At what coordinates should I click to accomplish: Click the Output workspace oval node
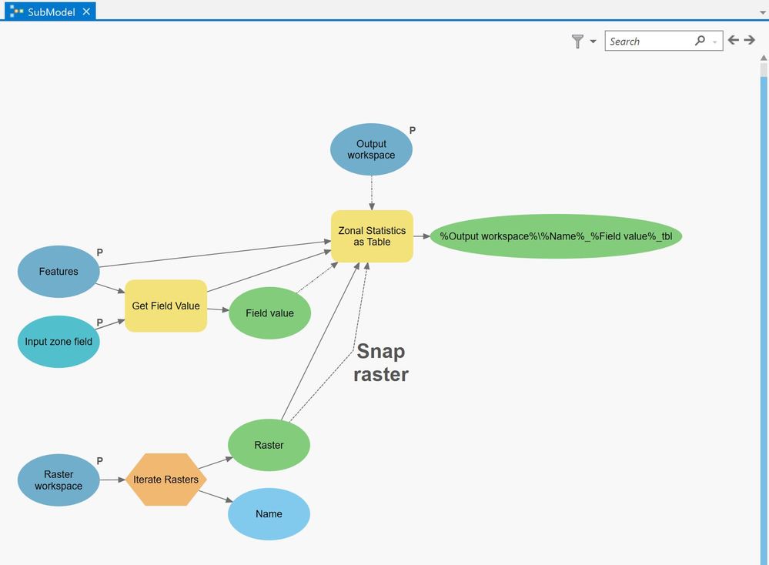[x=371, y=149]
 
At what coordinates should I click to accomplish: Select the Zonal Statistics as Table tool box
[x=372, y=236]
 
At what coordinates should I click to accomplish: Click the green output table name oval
[x=556, y=236]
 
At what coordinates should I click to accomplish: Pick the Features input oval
[x=59, y=271]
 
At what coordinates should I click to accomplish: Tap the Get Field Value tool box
[x=166, y=306]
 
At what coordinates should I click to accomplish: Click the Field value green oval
[x=269, y=313]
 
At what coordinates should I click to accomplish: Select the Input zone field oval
[x=59, y=342]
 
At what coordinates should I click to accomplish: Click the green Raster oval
[x=269, y=445]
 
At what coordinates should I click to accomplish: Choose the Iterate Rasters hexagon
[x=166, y=480]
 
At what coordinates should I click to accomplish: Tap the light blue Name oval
[x=269, y=513]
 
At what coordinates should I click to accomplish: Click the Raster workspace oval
[x=59, y=480]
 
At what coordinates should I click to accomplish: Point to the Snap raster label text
[x=381, y=363]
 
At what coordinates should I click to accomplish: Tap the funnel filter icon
[x=577, y=42]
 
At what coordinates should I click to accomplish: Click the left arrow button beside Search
[x=733, y=41]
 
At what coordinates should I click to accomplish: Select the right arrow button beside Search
[x=749, y=41]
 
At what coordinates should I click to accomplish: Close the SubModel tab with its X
[x=86, y=12]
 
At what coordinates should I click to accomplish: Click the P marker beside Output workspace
[x=413, y=131]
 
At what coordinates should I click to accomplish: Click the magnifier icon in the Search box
[x=700, y=41]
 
